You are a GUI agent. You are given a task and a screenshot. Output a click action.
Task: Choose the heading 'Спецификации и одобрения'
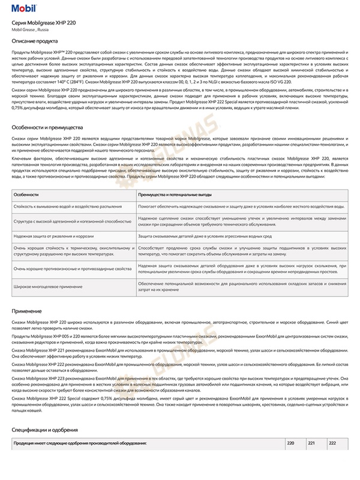44,430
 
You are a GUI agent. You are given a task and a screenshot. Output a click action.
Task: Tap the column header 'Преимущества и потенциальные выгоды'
175,195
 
